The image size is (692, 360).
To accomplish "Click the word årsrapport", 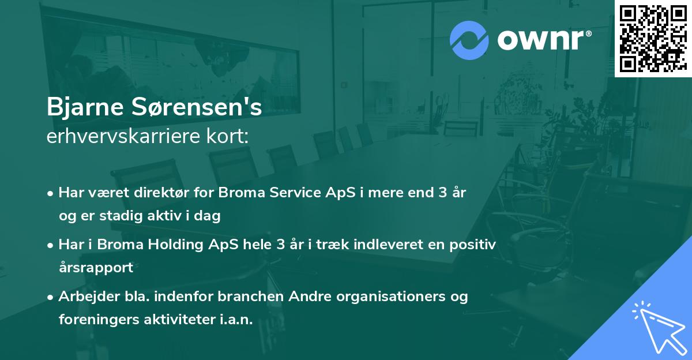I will [96, 267].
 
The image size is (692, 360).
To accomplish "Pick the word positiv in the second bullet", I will [473, 245].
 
